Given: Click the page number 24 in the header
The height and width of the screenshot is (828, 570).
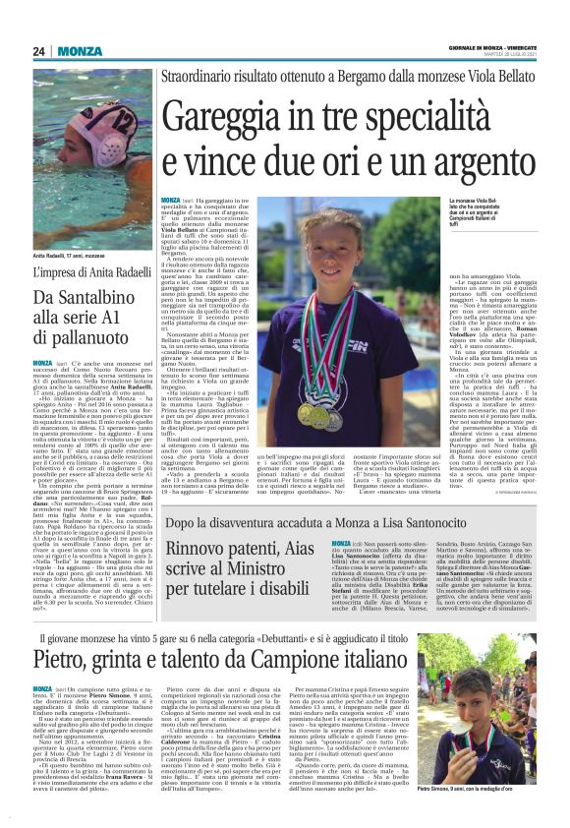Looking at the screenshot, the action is pyautogui.click(x=38, y=51).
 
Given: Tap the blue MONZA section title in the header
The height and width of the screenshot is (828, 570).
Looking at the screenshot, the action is pyautogui.click(x=79, y=51).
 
